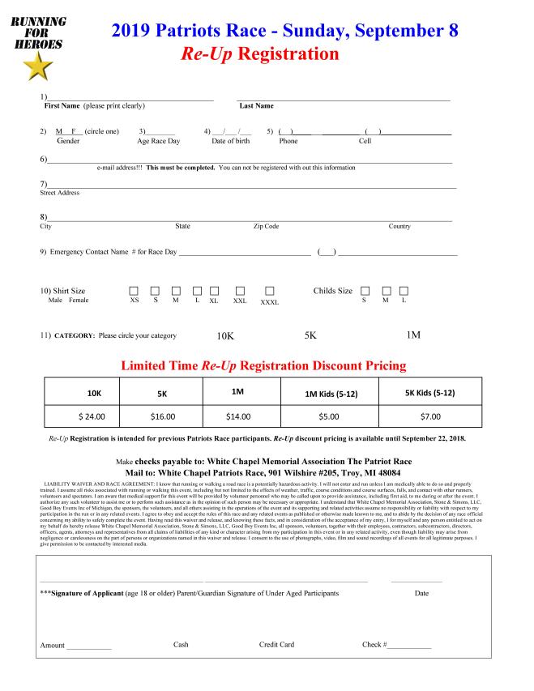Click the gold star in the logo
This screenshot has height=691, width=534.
coord(37,69)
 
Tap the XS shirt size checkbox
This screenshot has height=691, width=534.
coord(135,291)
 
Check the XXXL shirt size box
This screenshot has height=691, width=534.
coord(270,291)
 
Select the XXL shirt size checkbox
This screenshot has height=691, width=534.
coord(240,291)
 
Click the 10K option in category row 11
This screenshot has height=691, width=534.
coord(225,336)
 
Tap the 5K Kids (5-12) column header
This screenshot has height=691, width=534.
coord(429,393)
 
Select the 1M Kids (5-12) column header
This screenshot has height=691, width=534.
coord(329,394)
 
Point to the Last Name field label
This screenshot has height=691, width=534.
coord(256,106)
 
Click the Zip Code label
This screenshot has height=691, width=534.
coord(266,226)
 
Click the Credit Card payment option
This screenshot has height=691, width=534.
coord(276,645)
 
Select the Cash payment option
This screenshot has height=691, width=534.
coord(181,645)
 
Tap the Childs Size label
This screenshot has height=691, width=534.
coord(333,291)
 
